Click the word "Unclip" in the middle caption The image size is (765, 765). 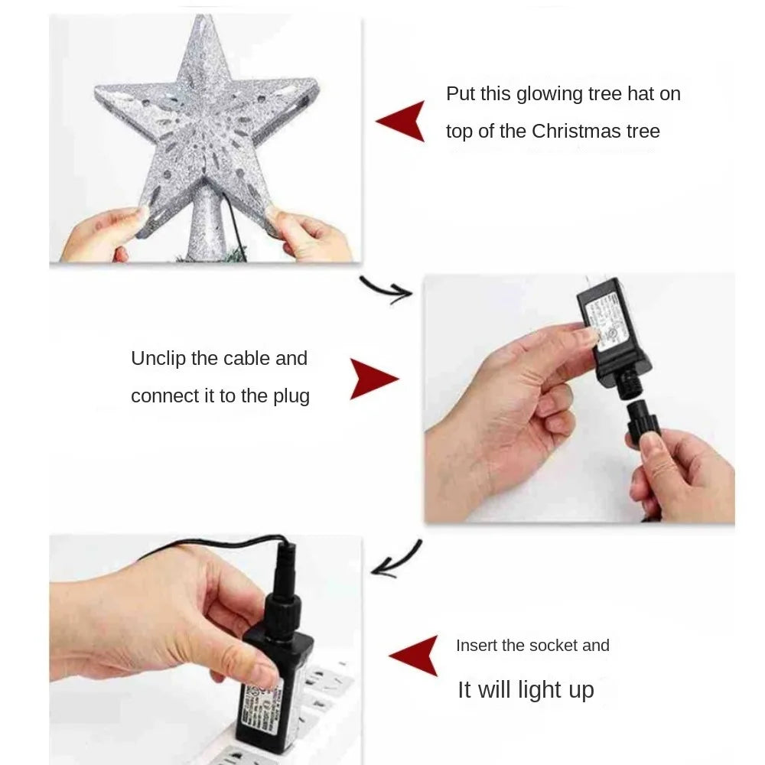coord(157,359)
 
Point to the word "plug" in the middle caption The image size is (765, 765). coord(291,396)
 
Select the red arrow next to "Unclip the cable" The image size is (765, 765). coord(373,379)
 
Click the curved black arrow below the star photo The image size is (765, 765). coord(386,289)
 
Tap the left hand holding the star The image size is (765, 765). coord(103,237)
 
